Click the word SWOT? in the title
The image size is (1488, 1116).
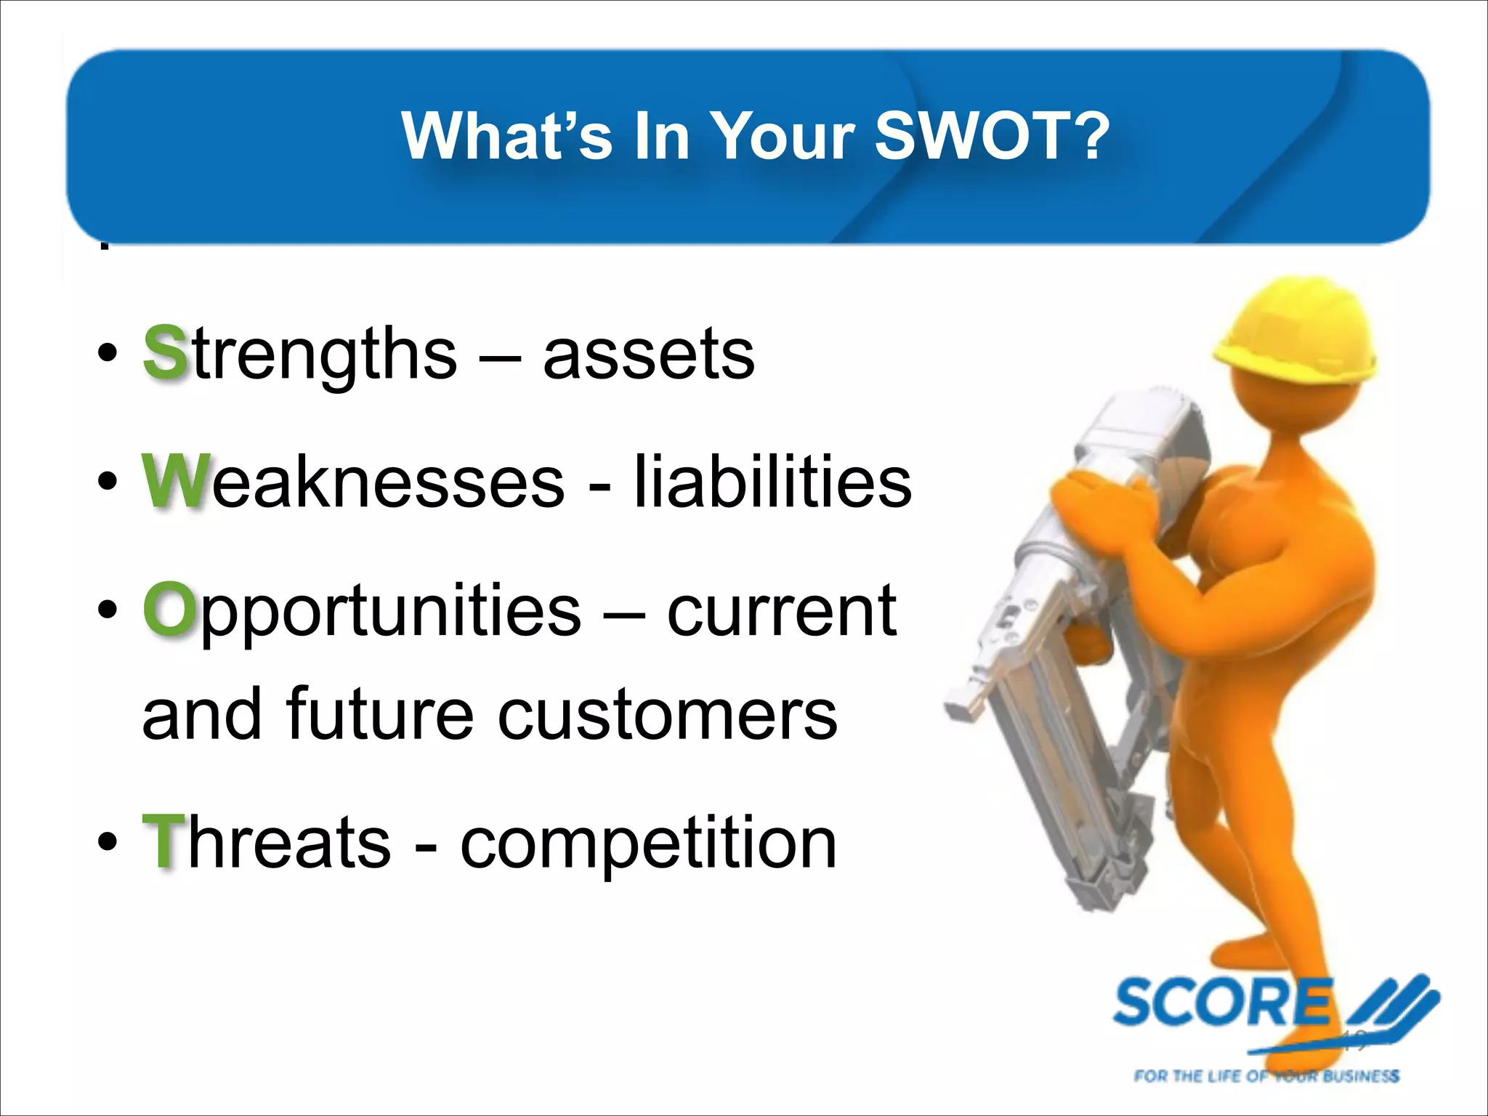tap(992, 136)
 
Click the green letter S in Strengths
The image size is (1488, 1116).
tap(166, 353)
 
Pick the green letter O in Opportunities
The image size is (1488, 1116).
tap(169, 609)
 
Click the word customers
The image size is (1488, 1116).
tap(667, 715)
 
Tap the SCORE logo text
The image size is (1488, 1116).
tap(1222, 1003)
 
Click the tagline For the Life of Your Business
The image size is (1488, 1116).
tap(1266, 1076)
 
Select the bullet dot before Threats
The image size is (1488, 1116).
tap(107, 843)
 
